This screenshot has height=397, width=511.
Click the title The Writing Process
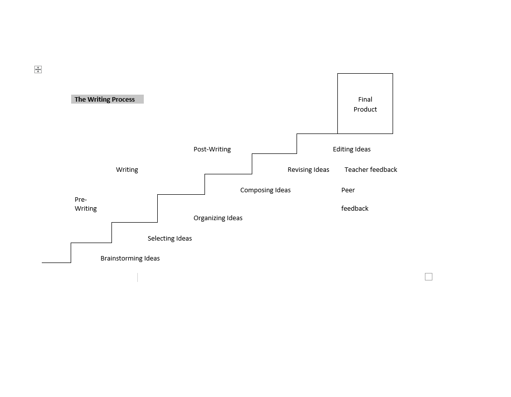(104, 99)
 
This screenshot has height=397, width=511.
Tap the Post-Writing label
(212, 149)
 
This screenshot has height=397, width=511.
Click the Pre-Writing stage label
(86, 204)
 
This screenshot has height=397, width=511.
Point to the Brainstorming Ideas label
(130, 259)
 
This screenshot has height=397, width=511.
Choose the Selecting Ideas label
(170, 239)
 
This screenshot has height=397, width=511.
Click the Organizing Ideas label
(218, 218)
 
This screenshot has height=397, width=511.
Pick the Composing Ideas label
(266, 190)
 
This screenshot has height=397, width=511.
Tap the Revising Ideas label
(308, 170)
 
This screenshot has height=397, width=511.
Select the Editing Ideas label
(352, 149)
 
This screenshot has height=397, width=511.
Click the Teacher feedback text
(371, 170)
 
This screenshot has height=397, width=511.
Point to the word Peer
(348, 190)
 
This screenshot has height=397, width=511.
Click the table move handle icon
(38, 69)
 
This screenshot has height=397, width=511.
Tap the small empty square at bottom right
(429, 277)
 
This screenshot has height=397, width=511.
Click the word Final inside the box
(365, 100)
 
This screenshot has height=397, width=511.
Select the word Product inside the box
(365, 109)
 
